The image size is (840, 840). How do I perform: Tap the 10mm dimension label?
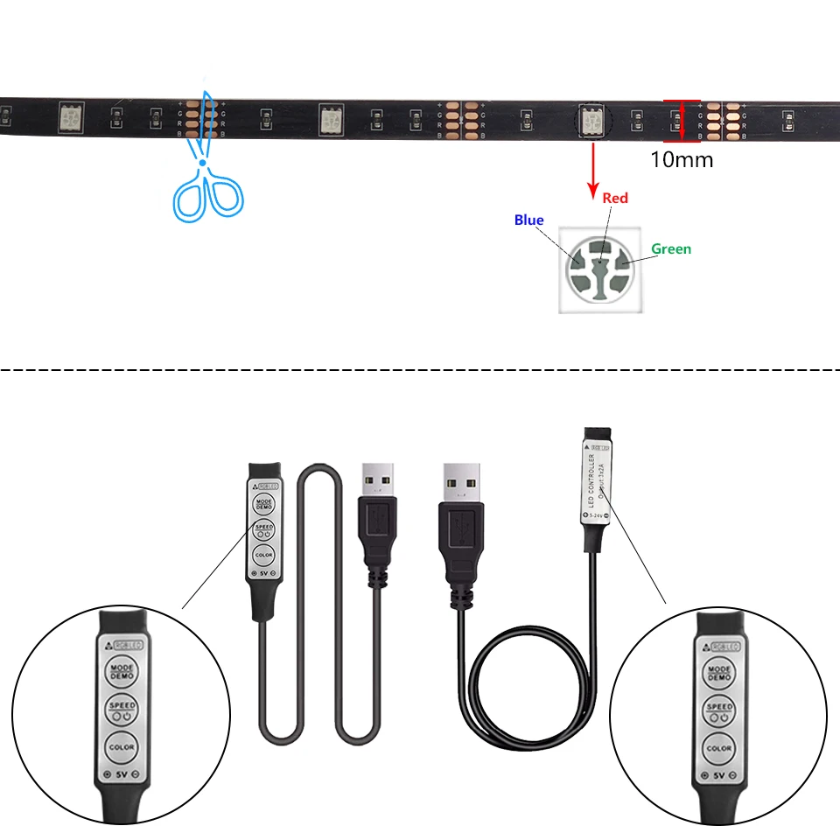pyautogui.click(x=681, y=160)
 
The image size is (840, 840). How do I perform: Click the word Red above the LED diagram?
pyautogui.click(x=615, y=199)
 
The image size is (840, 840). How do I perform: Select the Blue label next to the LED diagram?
pyautogui.click(x=528, y=220)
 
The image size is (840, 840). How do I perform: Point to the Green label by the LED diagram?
pyautogui.click(x=670, y=249)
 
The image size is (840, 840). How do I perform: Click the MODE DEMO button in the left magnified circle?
pyautogui.click(x=121, y=673)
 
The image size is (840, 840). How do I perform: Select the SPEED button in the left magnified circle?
pyautogui.click(x=121, y=710)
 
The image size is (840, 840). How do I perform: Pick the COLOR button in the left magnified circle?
pyautogui.click(x=121, y=747)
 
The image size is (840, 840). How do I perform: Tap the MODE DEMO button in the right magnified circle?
pyautogui.click(x=718, y=673)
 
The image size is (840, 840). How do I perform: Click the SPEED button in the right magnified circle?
pyautogui.click(x=718, y=710)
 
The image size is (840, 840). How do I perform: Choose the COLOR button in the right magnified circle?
pyautogui.click(x=718, y=748)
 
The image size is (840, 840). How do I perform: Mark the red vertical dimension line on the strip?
pyautogui.click(x=682, y=120)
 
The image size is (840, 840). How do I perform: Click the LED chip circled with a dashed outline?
pyautogui.click(x=592, y=121)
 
